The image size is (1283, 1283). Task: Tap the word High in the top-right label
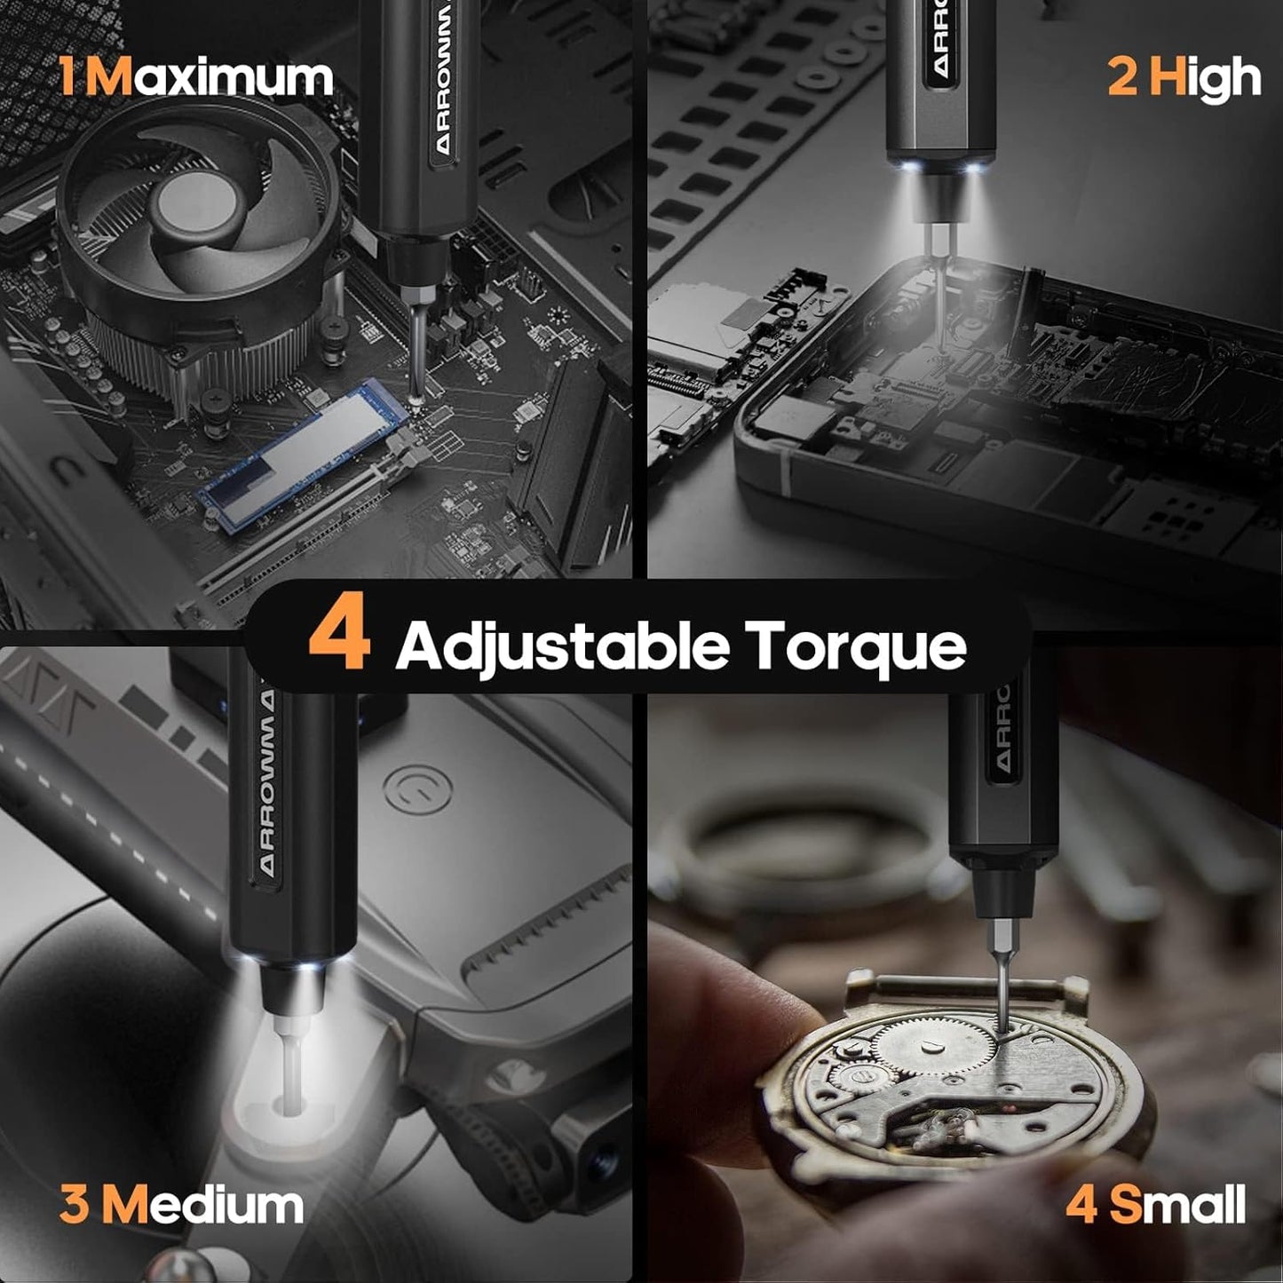pos(1205,78)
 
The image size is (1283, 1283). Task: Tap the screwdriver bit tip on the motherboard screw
pos(416,398)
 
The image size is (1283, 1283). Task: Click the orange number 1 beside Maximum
pos(67,78)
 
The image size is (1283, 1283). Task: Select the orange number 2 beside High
pos(1122,78)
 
